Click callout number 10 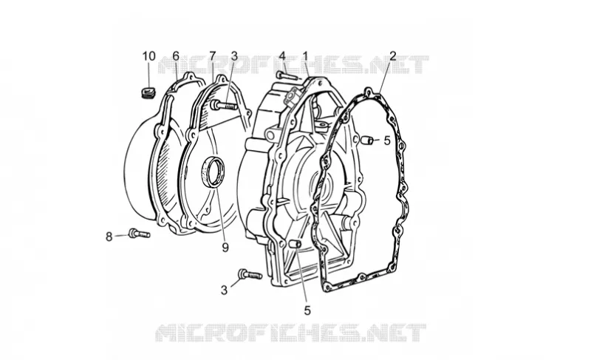click(x=149, y=56)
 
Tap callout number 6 click(x=176, y=56)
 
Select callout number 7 click(x=212, y=56)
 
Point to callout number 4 click(x=282, y=56)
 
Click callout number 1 click(x=305, y=56)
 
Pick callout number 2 click(x=393, y=56)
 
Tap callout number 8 click(x=109, y=237)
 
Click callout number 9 click(x=225, y=248)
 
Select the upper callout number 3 click(x=234, y=56)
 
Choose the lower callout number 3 click(x=225, y=291)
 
